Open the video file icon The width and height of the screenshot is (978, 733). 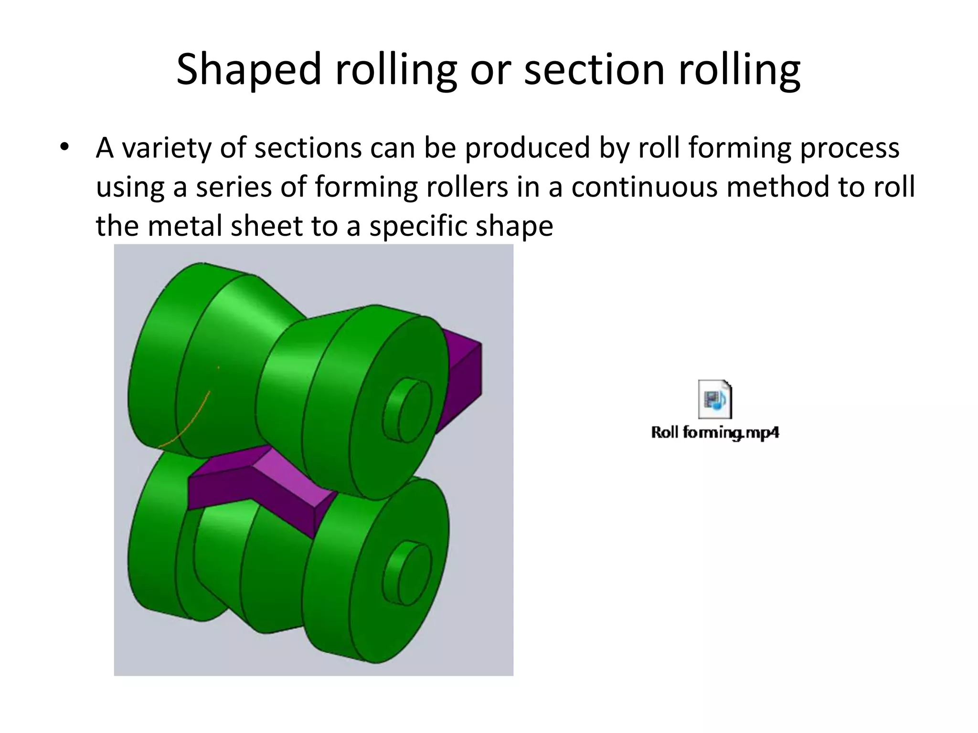point(715,399)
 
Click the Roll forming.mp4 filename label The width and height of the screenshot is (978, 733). point(715,433)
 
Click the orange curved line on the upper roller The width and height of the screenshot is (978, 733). point(189,425)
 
